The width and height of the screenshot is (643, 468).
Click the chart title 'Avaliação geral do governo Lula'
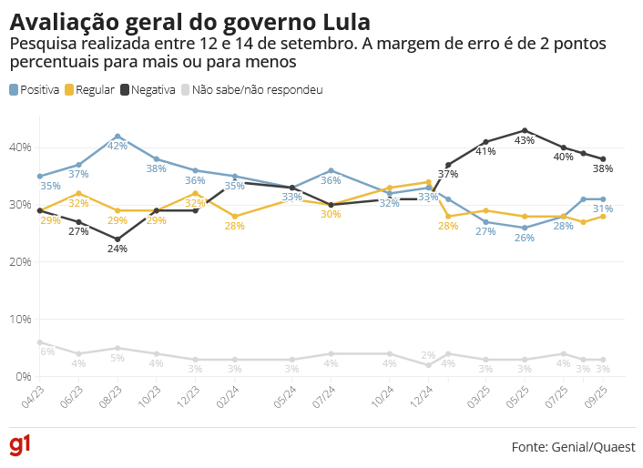[x=189, y=22]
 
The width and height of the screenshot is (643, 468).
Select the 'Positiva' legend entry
[x=35, y=90]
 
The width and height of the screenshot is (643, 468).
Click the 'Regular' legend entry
[x=90, y=90]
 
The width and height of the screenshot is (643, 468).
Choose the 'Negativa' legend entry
[x=148, y=90]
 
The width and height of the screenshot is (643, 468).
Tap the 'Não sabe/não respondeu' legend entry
[x=251, y=90]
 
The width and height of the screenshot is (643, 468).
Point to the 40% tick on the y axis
[x=20, y=148]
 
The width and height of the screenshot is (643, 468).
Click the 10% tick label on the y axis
[x=20, y=320]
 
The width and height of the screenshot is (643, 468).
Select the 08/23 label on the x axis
[x=110, y=393]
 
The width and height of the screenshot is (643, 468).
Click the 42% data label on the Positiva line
[x=117, y=146]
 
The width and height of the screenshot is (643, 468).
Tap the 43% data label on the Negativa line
[x=525, y=141]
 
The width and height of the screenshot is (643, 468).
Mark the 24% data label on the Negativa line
[x=117, y=249]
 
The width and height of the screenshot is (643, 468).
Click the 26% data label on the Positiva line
[x=525, y=238]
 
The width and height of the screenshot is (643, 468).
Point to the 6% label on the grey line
[x=47, y=352]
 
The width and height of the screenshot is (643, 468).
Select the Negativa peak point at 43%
[x=525, y=130]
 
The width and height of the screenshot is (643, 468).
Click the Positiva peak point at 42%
[x=117, y=136]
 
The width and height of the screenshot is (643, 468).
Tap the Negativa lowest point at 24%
[x=117, y=239]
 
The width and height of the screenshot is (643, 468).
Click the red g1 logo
[x=20, y=445]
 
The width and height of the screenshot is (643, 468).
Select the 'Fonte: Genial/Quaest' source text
[x=573, y=447]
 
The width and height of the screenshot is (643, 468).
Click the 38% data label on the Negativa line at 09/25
[x=604, y=168]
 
